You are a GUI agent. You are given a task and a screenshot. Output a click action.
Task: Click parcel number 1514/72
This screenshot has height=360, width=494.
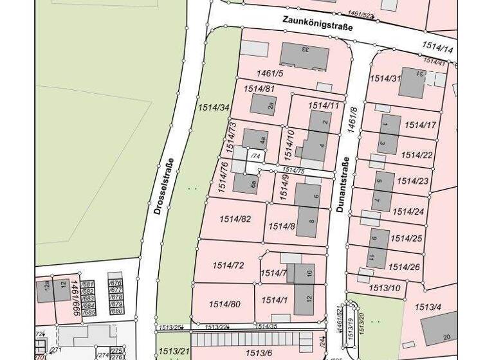pos(228,265)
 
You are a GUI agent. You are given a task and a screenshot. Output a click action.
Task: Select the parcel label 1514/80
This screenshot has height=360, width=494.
pos(224,304)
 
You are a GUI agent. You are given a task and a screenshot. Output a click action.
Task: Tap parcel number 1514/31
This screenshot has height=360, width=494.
pos(385,78)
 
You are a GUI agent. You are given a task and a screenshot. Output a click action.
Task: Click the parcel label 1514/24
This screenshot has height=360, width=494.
pos(408,211)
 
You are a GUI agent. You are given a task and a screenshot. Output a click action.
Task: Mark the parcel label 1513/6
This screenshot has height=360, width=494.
pos(260,352)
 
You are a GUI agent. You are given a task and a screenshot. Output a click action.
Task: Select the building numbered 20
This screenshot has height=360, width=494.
pos(440,327)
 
